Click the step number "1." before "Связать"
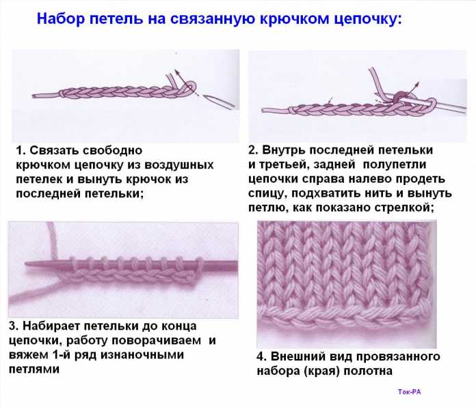click(x=21, y=150)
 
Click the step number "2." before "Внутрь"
click(x=254, y=150)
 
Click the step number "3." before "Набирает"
click(x=14, y=326)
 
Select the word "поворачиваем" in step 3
click(x=157, y=341)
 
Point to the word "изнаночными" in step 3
click(x=142, y=355)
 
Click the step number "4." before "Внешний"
click(x=262, y=356)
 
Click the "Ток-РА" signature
click(x=409, y=392)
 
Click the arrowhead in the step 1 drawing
click(x=176, y=72)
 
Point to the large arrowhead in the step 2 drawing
click(x=417, y=84)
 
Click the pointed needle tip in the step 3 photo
click(x=26, y=264)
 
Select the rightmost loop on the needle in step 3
click(x=200, y=264)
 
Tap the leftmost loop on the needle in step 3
click(x=72, y=263)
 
